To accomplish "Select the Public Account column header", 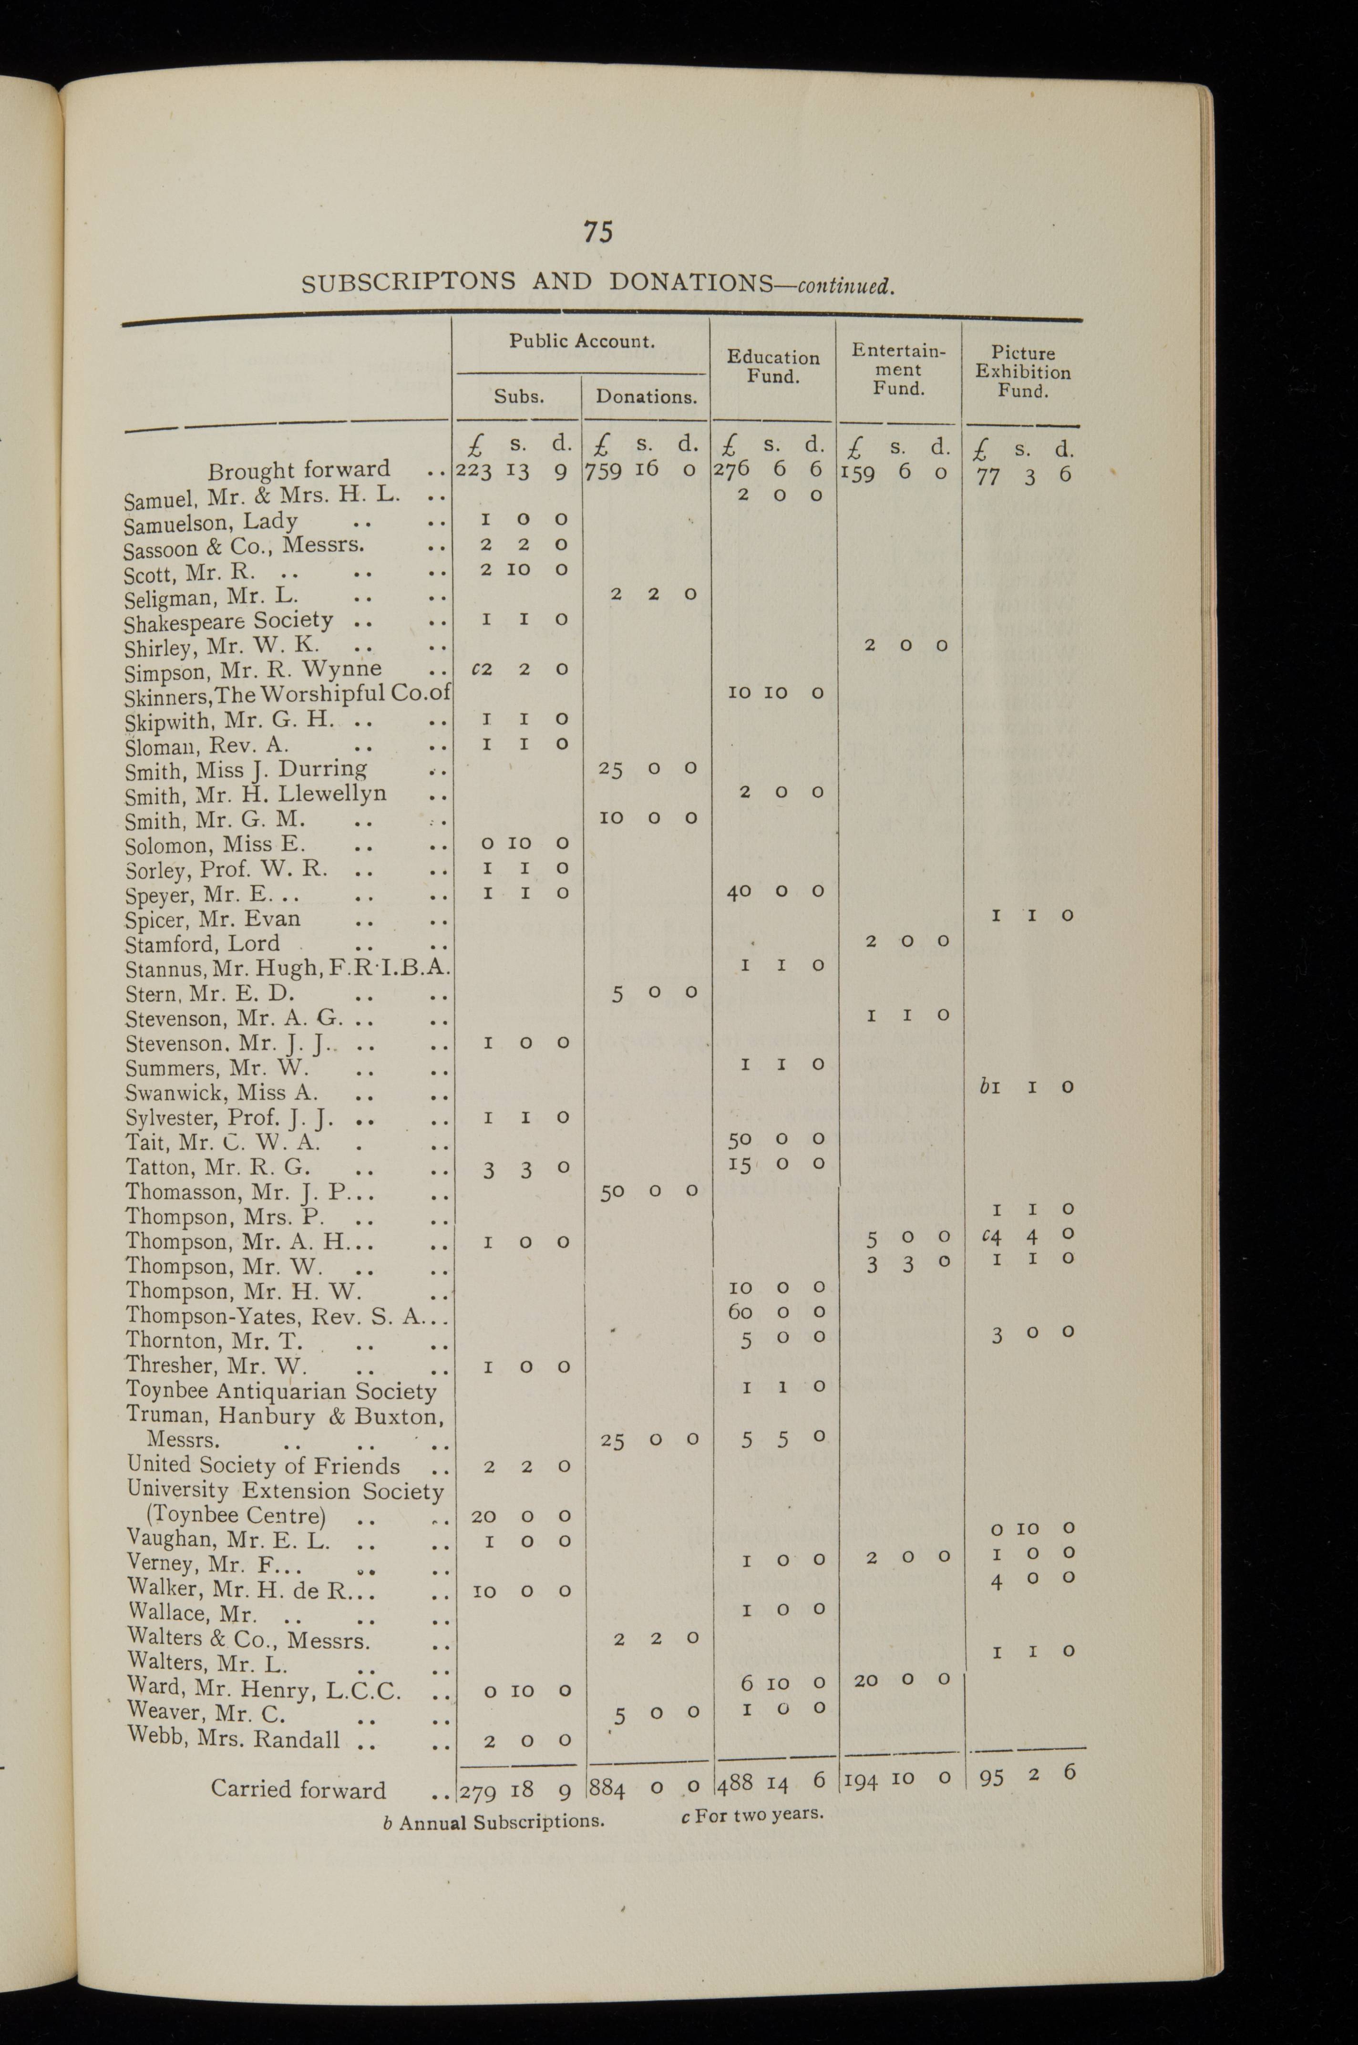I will click(x=581, y=341).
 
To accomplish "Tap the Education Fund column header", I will click(x=772, y=366).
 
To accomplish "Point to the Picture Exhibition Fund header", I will click(x=1023, y=372).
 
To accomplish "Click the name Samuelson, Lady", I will click(x=210, y=522).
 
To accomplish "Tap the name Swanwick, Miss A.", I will click(x=222, y=1093).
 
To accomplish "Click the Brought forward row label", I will click(x=299, y=470).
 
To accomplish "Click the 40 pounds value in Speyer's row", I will click(x=739, y=891).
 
